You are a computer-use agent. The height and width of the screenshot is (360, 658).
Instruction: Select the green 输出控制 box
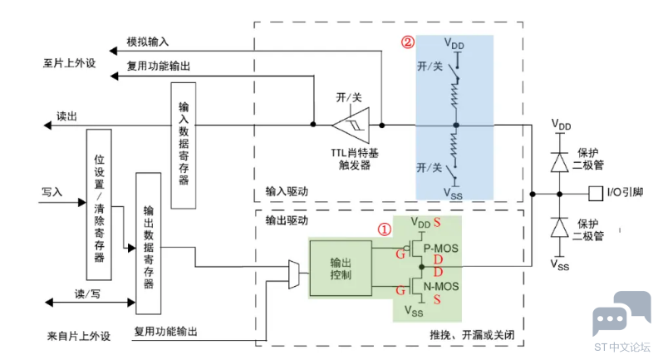(x=341, y=266)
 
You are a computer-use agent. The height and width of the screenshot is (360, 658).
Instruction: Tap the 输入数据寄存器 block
(x=184, y=146)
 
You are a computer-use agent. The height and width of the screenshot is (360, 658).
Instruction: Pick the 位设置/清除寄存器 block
(x=99, y=204)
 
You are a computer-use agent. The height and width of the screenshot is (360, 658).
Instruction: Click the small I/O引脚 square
(x=595, y=194)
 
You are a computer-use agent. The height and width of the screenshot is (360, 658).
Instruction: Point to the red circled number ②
(x=407, y=41)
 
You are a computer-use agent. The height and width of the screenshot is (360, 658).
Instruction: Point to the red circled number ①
(x=384, y=227)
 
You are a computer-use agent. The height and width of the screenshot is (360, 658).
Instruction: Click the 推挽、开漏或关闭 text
(x=473, y=333)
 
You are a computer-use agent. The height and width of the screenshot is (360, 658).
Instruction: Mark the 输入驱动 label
(x=287, y=191)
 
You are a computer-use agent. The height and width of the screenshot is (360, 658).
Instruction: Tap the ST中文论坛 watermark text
(x=621, y=348)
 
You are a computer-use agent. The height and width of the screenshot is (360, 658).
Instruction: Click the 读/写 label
(x=87, y=293)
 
